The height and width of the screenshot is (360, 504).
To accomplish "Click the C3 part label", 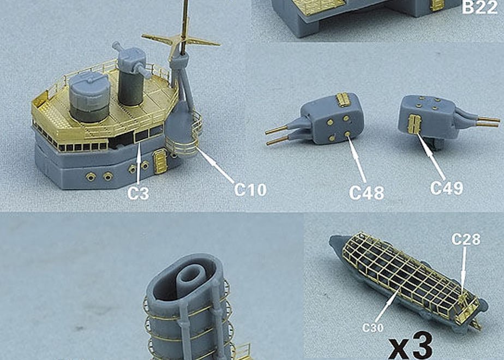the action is pos(138,193).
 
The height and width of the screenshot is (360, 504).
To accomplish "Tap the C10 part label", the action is pos(250,190).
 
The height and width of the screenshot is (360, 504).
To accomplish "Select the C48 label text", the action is pos(366,193).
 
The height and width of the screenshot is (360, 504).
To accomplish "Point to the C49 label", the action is pos(447,188).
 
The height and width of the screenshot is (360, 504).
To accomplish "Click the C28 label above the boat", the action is pos(466,239).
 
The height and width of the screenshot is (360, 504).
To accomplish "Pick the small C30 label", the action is pos(373,327).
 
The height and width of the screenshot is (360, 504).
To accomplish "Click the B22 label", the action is pos(479,7).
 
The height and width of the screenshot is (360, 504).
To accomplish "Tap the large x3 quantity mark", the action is pos(411,346).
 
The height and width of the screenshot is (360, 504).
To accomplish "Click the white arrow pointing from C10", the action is pos(215,165).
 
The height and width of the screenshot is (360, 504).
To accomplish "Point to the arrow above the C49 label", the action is pos(431,157).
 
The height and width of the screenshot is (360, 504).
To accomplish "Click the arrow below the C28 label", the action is pos(464,271).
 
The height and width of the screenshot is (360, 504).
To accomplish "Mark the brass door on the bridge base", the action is pos(160,161).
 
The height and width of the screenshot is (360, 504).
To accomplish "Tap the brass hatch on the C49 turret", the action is pos(414,124).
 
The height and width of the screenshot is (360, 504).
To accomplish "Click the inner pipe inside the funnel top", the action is pos(191,279).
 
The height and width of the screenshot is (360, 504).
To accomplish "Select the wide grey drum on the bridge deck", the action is pos(89,96).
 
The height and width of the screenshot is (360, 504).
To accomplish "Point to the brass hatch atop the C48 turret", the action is pos(343,100).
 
